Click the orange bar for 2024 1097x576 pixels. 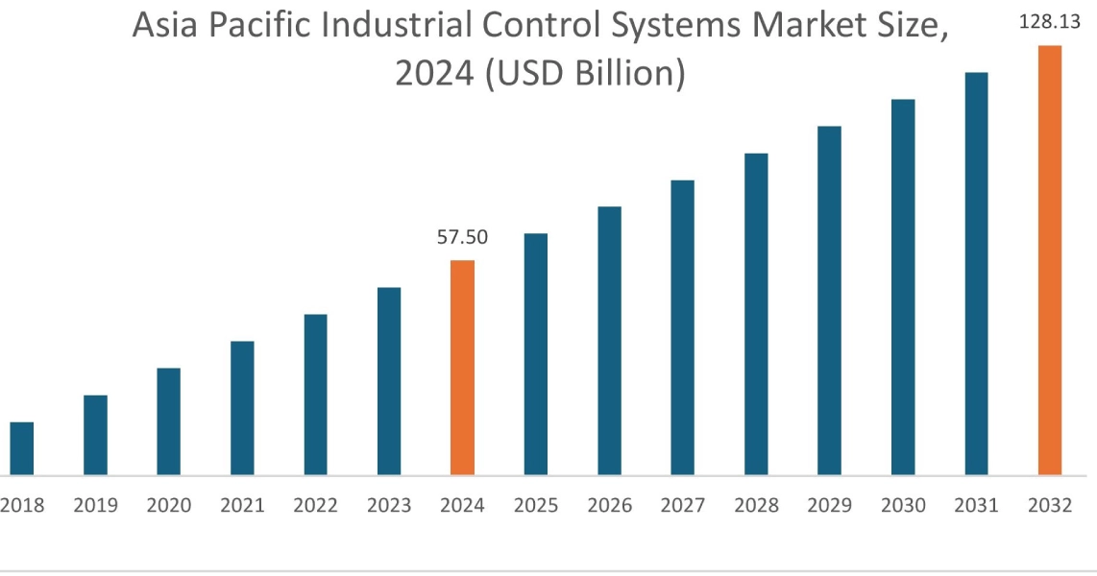pos(462,368)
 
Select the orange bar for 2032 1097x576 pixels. pos(1050,260)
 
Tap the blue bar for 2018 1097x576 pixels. pos(21,448)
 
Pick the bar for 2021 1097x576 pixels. pos(242,408)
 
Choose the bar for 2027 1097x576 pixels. pos(682,327)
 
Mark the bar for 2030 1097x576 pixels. pos(903,287)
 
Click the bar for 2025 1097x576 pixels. pos(536,354)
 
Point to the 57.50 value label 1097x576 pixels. pos(462,238)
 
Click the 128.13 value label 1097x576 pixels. pos(1049,22)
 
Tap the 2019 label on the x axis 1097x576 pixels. pos(95,506)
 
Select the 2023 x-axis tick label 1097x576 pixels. pos(389,506)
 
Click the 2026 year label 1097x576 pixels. pos(609,506)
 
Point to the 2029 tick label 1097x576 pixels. pos(830,506)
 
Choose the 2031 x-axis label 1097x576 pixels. pos(977,506)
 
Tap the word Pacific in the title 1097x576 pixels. pos(265,28)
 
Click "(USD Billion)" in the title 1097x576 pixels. pos(587,74)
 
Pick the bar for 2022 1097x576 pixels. pos(315,395)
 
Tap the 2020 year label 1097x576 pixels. pos(168,506)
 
